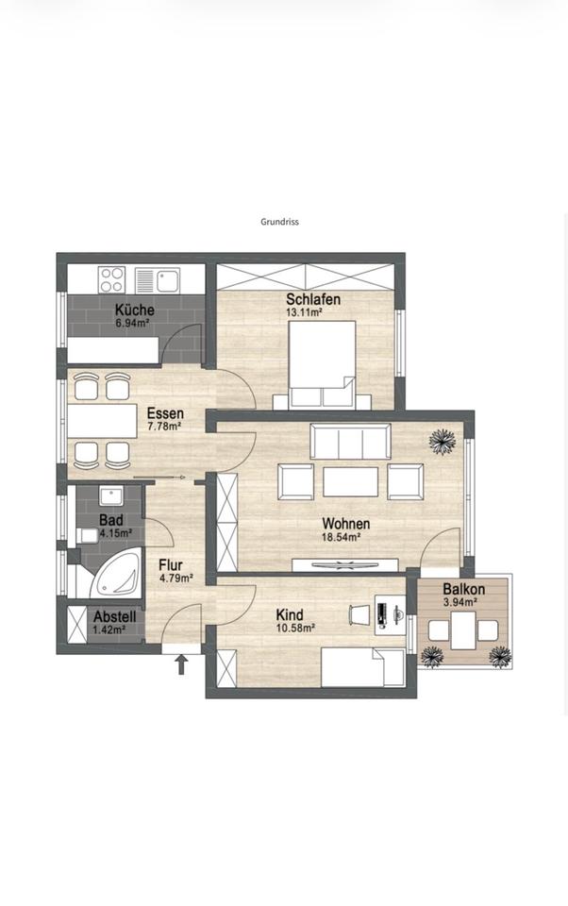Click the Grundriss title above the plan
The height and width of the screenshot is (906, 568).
point(279,221)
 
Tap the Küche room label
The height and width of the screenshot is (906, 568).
point(134,310)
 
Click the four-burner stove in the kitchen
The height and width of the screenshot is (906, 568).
point(111,279)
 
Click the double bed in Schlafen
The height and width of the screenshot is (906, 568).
point(323,363)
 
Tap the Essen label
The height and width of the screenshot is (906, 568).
point(165,413)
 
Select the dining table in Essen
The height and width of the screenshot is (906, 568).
point(102,421)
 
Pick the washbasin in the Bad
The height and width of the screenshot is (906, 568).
point(111,496)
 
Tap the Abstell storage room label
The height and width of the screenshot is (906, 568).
point(115,616)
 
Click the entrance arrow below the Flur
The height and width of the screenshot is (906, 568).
point(181,664)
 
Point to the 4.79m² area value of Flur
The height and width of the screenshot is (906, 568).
point(175,578)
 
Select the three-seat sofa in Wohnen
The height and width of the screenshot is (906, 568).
point(350,442)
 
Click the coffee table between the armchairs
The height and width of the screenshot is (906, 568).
point(350,482)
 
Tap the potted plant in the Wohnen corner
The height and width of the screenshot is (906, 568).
point(443,442)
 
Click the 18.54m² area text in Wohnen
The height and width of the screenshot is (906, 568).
point(342,537)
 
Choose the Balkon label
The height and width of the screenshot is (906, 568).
point(464,589)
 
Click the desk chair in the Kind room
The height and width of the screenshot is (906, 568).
point(359,614)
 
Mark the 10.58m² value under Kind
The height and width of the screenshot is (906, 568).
point(295,628)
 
